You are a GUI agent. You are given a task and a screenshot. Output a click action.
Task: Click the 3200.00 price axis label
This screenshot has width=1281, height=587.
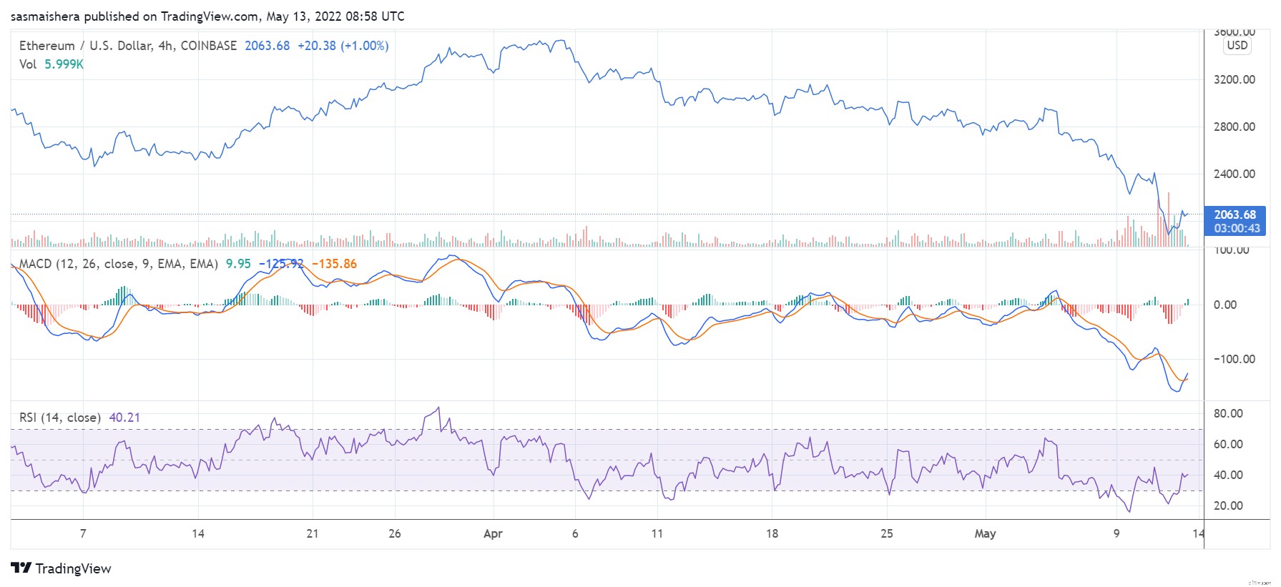1234,79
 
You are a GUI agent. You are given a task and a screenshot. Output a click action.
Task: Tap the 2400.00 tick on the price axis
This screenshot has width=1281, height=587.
1234,174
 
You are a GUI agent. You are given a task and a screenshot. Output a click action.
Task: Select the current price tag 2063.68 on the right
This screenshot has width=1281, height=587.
1235,214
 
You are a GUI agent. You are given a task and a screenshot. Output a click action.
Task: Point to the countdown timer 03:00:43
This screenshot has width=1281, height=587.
1237,229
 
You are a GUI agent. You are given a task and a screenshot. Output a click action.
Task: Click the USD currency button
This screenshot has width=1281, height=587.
1237,45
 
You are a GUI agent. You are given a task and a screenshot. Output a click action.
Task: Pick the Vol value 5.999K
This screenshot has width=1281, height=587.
64,64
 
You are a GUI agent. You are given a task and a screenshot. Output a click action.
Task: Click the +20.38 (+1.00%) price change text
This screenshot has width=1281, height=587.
343,46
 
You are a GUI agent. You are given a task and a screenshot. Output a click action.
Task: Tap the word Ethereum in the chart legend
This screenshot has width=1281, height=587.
46,46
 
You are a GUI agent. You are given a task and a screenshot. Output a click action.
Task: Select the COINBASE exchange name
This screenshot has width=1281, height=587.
208,46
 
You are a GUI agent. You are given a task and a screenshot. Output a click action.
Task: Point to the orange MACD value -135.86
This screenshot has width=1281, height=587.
334,264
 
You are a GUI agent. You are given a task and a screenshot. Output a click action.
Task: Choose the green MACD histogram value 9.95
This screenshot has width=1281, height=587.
238,264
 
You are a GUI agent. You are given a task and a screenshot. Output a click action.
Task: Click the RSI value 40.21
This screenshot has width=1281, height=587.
124,418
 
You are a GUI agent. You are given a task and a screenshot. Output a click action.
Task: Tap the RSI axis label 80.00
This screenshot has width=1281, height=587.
1228,413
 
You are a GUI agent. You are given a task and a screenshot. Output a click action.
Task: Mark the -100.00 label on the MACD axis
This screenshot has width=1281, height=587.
1234,359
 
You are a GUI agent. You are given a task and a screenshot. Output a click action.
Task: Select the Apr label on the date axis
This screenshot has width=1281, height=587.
493,533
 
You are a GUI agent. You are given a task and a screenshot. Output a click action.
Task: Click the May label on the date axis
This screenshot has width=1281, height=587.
985,533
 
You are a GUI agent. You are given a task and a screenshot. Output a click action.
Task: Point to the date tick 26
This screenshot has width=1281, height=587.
394,533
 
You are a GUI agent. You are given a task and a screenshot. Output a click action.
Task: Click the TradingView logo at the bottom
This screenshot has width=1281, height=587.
62,568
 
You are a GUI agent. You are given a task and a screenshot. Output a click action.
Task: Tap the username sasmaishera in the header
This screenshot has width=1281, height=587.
45,16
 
